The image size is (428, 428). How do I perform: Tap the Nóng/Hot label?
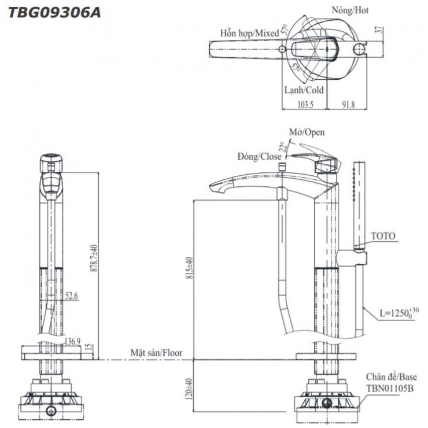(350, 10)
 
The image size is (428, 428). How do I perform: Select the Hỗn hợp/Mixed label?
(249, 34)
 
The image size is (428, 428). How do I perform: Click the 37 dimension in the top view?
(379, 31)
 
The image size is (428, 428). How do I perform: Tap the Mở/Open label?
(307, 132)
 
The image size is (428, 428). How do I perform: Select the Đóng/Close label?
(259, 156)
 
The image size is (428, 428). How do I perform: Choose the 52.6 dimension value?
(72, 295)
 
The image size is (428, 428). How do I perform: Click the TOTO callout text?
(382, 236)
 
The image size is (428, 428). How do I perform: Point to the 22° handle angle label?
(282, 146)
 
